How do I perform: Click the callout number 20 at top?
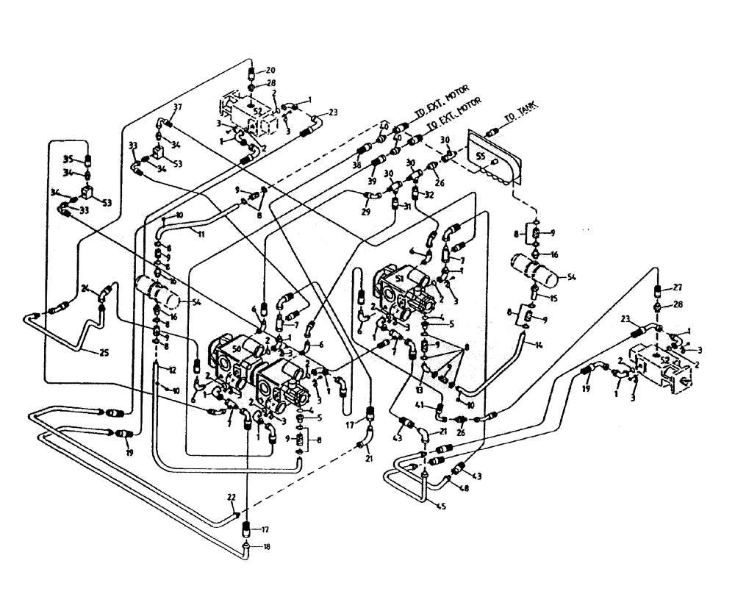coord(271,70)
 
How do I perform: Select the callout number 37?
coord(177,107)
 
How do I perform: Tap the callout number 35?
coord(67,158)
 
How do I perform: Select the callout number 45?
coord(441,505)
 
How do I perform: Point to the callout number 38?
coord(358,166)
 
